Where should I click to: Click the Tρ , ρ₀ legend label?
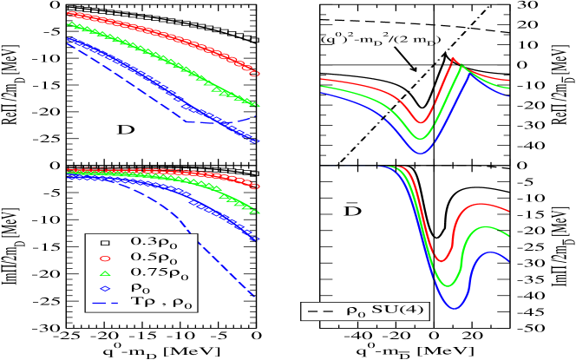pos(161,304)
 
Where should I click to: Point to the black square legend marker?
pos(104,242)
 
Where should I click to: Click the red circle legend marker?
pos(104,258)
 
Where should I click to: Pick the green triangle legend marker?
pos(104,273)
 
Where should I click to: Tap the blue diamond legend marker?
pos(104,289)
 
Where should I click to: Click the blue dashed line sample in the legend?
pos(104,304)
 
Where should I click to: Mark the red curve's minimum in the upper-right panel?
pos(421,122)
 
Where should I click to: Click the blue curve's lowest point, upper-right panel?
pos(421,153)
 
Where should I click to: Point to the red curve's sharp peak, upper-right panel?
pos(453,59)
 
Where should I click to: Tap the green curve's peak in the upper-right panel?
pos(461,66)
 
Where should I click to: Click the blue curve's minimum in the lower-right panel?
pos(455,308)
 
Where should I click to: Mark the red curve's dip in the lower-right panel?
pos(442,260)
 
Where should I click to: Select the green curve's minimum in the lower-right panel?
pos(448,285)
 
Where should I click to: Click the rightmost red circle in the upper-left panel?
pos(254,74)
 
